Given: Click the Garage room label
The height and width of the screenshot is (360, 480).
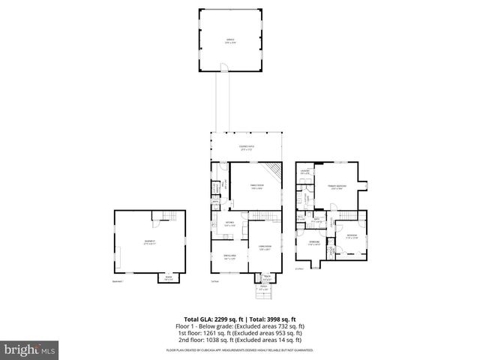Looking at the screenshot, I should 229,41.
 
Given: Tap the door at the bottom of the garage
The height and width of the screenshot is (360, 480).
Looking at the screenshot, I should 223,71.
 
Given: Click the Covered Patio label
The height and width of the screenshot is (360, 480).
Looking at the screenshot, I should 245,148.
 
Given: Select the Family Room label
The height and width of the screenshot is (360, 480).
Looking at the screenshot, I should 257,187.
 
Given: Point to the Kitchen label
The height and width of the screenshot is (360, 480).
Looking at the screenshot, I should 230,223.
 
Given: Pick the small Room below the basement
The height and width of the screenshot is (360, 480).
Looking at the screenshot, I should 168,277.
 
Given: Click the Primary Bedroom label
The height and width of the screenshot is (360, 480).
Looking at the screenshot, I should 337,187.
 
